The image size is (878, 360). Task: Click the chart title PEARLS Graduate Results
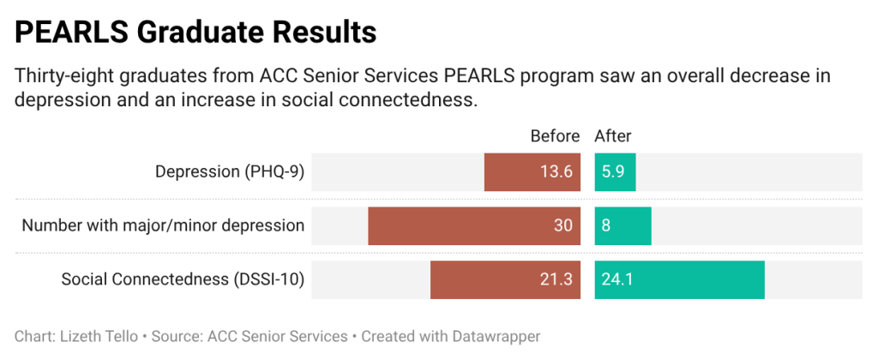[x=195, y=32]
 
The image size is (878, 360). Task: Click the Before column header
[x=556, y=136]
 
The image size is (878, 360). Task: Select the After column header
[x=613, y=136]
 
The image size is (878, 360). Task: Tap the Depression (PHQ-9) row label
[x=230, y=172]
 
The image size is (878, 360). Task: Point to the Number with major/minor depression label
[x=163, y=226]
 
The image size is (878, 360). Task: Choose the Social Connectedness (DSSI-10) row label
[x=183, y=280]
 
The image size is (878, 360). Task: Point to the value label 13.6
[x=556, y=172]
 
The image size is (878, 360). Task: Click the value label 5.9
[x=613, y=172]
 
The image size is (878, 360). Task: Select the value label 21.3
[x=556, y=280]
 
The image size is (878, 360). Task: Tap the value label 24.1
[x=616, y=280]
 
